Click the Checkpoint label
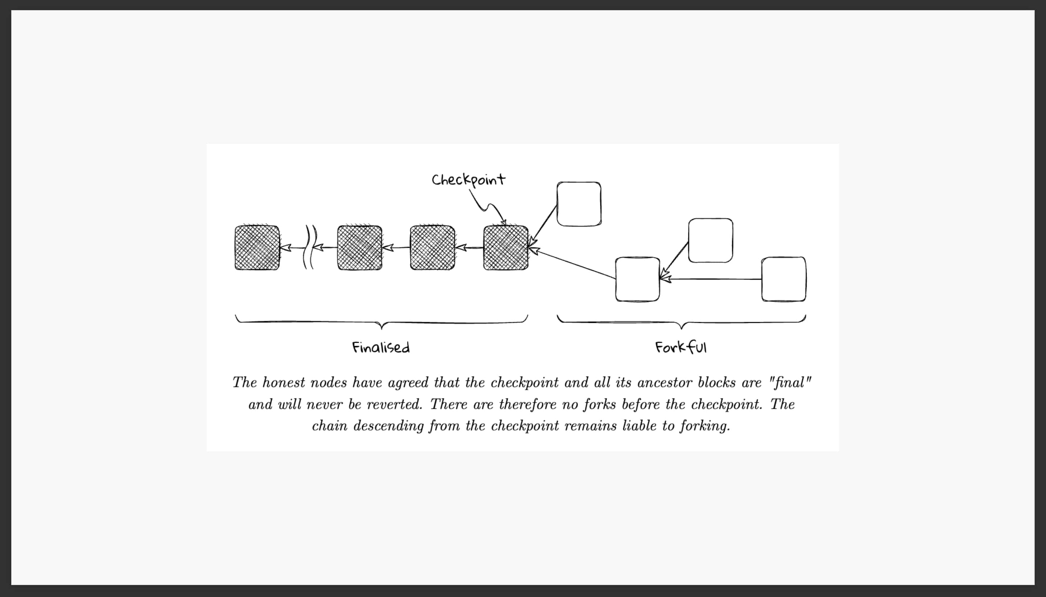pyautogui.click(x=468, y=180)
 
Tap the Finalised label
pyautogui.click(x=381, y=348)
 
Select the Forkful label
pyautogui.click(x=681, y=348)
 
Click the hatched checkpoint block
pyautogui.click(x=506, y=248)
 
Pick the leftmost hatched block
pyautogui.click(x=257, y=248)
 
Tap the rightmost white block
pyautogui.click(x=784, y=279)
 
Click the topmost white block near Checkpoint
pyautogui.click(x=579, y=204)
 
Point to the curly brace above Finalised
pyautogui.click(x=381, y=322)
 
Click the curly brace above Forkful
pyautogui.click(x=681, y=322)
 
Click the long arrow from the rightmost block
pyautogui.click(x=714, y=279)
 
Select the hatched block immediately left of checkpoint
pyautogui.click(x=432, y=248)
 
